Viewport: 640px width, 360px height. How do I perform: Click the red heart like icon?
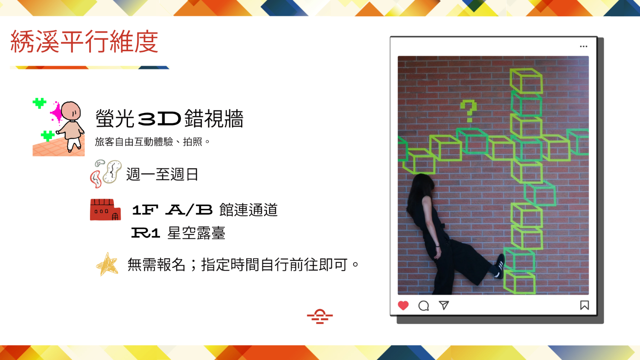tap(403, 305)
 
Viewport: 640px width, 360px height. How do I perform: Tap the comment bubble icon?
tap(423, 306)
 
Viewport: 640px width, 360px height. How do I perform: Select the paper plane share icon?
tap(444, 305)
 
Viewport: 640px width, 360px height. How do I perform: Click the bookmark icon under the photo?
tap(584, 305)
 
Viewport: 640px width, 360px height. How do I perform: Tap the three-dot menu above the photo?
tap(583, 46)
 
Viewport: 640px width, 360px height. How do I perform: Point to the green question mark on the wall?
tap(468, 111)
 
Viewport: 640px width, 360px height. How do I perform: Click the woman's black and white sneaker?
tap(499, 266)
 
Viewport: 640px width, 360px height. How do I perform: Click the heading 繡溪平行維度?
tap(84, 42)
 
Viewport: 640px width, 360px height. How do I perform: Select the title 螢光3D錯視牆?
tap(169, 118)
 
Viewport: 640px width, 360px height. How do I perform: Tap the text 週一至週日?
tap(162, 174)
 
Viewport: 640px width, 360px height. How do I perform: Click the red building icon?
tap(105, 210)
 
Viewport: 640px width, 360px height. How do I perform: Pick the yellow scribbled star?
tap(107, 264)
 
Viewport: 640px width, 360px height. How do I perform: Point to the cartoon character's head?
tap(71, 110)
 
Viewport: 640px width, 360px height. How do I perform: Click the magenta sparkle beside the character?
tap(56, 113)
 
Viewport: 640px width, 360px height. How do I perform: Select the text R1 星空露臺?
tap(178, 233)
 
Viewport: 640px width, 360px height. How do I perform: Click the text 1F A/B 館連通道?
tap(204, 210)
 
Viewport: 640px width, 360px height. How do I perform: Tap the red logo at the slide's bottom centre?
tap(320, 316)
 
